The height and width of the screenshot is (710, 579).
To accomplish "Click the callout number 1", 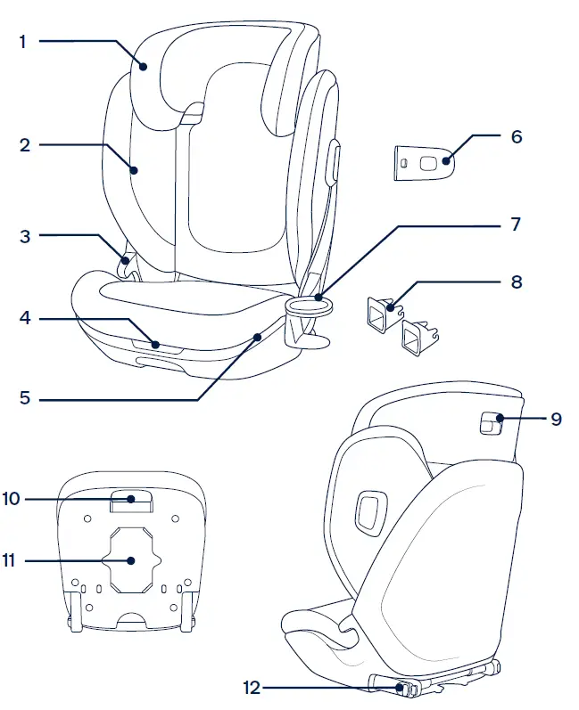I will pyautogui.click(x=23, y=41).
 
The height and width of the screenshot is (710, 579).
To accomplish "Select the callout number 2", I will pyautogui.click(x=24, y=144).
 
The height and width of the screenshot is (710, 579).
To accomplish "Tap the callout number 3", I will pyautogui.click(x=24, y=236).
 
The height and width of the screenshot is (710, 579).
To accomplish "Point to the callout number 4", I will pyautogui.click(x=24, y=318).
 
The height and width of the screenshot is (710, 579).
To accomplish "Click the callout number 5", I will pyautogui.click(x=24, y=399).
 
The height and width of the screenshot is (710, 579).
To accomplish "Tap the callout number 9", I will pyautogui.click(x=556, y=418).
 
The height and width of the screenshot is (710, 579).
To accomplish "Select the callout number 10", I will pyautogui.click(x=11, y=499).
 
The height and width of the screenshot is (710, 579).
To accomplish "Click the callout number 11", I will pyautogui.click(x=10, y=561).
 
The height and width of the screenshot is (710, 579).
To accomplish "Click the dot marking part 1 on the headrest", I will pyautogui.click(x=143, y=64).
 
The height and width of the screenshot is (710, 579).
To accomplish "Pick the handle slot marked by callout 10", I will pyautogui.click(x=131, y=501).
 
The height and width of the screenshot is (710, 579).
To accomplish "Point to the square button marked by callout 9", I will pyautogui.click(x=490, y=422).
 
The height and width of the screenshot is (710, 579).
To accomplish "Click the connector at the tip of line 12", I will pyautogui.click(x=398, y=687).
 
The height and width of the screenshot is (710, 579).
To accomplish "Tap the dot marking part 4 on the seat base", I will pyautogui.click(x=155, y=343).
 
